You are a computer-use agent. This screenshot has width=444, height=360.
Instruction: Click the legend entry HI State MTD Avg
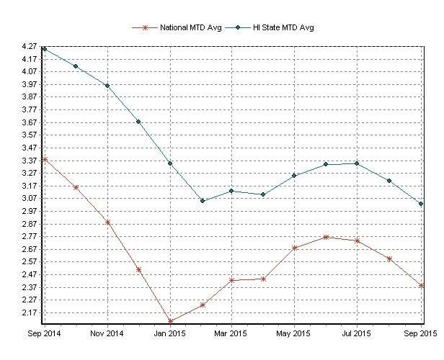[283, 27]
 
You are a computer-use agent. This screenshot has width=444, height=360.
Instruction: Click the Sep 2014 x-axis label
[44, 334]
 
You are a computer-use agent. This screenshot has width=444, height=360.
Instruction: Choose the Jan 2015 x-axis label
[171, 334]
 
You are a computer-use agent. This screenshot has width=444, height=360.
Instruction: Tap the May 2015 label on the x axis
[294, 334]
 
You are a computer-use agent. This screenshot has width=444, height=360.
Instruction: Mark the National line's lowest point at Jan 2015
[171, 321]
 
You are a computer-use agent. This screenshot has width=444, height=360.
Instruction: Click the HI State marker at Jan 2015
[171, 163]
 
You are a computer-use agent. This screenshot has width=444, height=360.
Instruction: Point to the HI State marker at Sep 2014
[45, 49]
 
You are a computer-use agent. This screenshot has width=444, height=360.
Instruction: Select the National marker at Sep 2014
[45, 159]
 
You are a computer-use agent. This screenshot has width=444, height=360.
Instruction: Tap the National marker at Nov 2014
[107, 222]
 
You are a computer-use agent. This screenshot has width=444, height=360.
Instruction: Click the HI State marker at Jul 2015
[357, 163]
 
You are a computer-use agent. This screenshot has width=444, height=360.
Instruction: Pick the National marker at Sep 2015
[420, 286]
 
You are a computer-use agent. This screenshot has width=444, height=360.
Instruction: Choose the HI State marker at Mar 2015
[232, 191]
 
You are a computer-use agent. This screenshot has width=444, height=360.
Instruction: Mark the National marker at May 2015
[295, 248]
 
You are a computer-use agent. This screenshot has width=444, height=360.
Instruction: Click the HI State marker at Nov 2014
[107, 86]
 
